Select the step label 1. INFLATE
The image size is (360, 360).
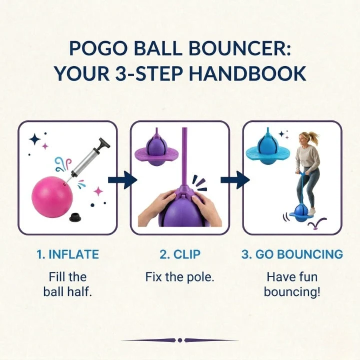pyautogui.click(x=67, y=254)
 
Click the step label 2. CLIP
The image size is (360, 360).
pyautogui.click(x=180, y=254)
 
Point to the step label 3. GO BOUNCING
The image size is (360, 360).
pyautogui.click(x=292, y=254)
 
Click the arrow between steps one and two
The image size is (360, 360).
pyautogui.click(x=122, y=180)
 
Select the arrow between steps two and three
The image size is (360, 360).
pyautogui.click(x=235, y=180)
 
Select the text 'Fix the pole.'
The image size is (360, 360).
pyautogui.click(x=180, y=277)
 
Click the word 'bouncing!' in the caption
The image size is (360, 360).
pyautogui.click(x=292, y=292)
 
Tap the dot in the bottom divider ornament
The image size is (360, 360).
pyautogui.click(x=180, y=340)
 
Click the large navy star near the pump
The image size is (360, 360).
pyautogui.click(x=35, y=139)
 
